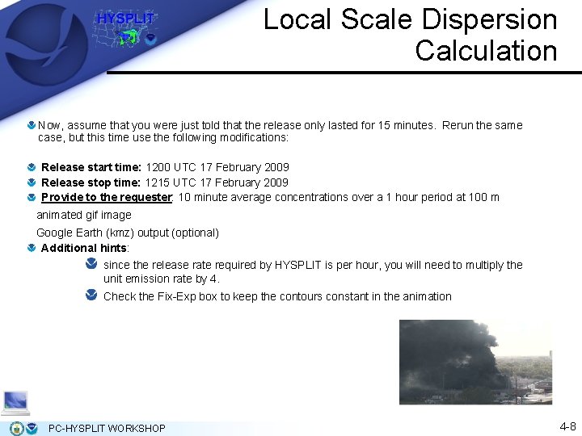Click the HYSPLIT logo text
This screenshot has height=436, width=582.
(125, 19)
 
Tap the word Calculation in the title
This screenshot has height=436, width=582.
(486, 50)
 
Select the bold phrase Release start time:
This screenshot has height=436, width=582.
(91, 167)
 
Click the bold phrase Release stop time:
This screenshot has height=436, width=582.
(91, 182)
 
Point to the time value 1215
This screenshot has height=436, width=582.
(158, 182)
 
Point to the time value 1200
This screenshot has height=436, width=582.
(158, 167)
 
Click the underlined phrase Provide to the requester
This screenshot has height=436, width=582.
(106, 197)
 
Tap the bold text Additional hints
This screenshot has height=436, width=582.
(84, 248)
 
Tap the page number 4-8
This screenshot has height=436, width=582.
(567, 426)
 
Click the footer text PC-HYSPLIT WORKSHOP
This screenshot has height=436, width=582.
(107, 428)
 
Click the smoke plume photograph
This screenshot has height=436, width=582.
(475, 361)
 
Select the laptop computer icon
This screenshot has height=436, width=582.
(15, 401)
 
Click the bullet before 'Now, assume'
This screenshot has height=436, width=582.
(31, 125)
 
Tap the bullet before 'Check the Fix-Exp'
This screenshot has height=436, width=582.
(91, 296)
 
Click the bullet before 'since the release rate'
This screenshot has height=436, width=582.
(91, 264)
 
